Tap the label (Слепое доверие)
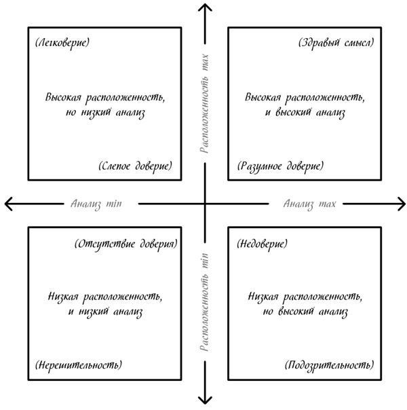click(x=135, y=166)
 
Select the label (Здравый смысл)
click(x=336, y=43)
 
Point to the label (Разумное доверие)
click(x=280, y=166)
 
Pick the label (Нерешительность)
click(x=78, y=365)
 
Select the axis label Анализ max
click(x=310, y=202)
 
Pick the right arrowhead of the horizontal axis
click(x=400, y=202)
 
